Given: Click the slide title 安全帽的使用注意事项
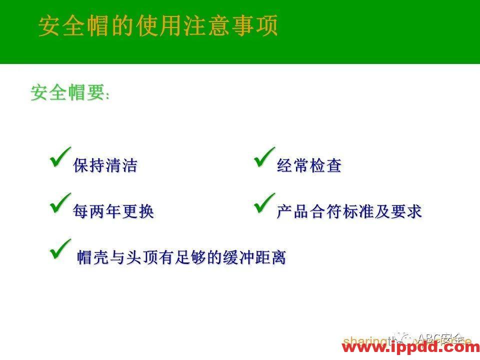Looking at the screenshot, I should coord(158,26).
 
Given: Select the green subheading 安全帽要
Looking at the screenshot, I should coord(67,92).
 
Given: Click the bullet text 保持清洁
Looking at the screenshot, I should coord(105,166).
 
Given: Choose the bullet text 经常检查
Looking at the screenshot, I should coord(309,166).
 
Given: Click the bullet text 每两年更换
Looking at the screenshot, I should coord(113,211).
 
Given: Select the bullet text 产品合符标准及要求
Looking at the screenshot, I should coord(349,211).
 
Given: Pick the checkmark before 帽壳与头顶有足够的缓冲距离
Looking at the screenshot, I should coord(60,248).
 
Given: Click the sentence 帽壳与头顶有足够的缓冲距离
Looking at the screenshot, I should coord(181,258).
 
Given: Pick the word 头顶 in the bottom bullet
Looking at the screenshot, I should coord(142,258).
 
